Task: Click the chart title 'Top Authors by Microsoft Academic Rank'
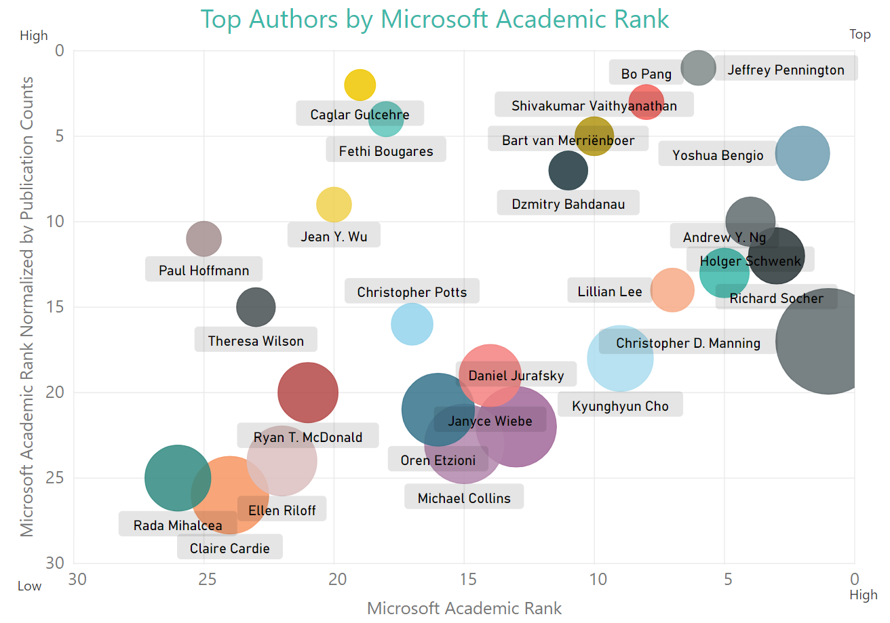(x=435, y=19)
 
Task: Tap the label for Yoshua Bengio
(x=718, y=155)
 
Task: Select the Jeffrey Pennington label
(x=786, y=69)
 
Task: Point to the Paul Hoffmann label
(x=204, y=270)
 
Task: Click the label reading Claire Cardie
(x=229, y=548)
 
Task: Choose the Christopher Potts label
(x=412, y=292)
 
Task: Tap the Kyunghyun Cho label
(x=620, y=406)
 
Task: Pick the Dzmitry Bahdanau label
(x=568, y=203)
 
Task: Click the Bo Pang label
(x=646, y=73)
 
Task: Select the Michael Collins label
(x=464, y=498)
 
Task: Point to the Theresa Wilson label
(x=256, y=340)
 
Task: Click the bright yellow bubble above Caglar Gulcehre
(x=360, y=85)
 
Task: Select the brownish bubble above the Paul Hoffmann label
(x=204, y=238)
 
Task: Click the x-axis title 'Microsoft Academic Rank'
(x=464, y=608)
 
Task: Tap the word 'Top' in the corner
(x=859, y=35)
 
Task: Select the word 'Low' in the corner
(x=29, y=586)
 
